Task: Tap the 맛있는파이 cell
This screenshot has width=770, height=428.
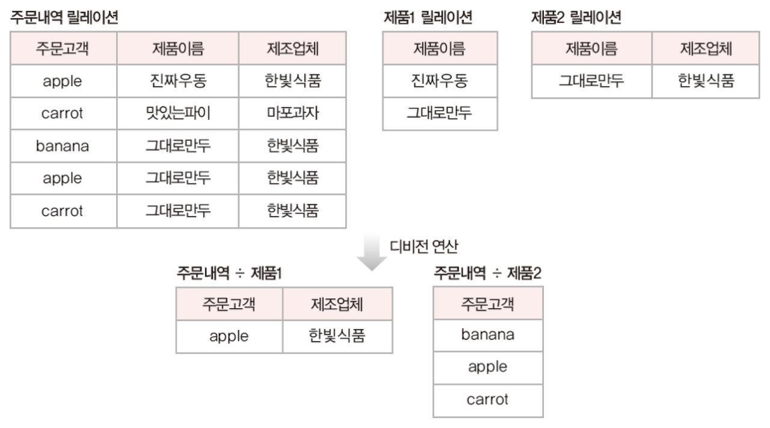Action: pos(177,113)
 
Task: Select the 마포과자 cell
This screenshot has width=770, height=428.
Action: pos(292,113)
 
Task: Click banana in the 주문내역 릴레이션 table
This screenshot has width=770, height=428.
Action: pos(63,146)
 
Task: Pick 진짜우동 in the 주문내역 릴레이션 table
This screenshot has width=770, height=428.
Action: pos(177,81)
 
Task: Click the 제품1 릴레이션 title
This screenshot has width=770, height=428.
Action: pos(427,18)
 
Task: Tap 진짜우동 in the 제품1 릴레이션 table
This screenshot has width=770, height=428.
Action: pos(439,81)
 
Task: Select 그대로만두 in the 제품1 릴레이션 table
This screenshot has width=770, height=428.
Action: pos(439,113)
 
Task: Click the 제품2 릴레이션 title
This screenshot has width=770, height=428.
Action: pos(576,18)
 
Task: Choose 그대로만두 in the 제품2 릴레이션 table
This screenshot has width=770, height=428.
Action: pos(591,81)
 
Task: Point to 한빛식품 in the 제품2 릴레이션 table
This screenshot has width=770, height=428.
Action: pos(706,81)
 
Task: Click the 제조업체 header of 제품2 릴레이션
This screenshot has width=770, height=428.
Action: pos(706,49)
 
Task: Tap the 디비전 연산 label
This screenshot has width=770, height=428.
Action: pos(429,246)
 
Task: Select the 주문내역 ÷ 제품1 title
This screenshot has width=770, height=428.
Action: pos(229,273)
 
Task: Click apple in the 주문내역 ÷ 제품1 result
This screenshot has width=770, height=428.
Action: pos(229,337)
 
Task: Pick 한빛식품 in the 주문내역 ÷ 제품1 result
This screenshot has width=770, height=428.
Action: pos(337,337)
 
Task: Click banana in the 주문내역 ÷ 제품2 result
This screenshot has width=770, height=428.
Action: pos(487,335)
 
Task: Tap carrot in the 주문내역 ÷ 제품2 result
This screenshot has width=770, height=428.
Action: pos(487,399)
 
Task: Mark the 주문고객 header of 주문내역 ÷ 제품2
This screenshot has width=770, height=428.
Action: pos(487,303)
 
